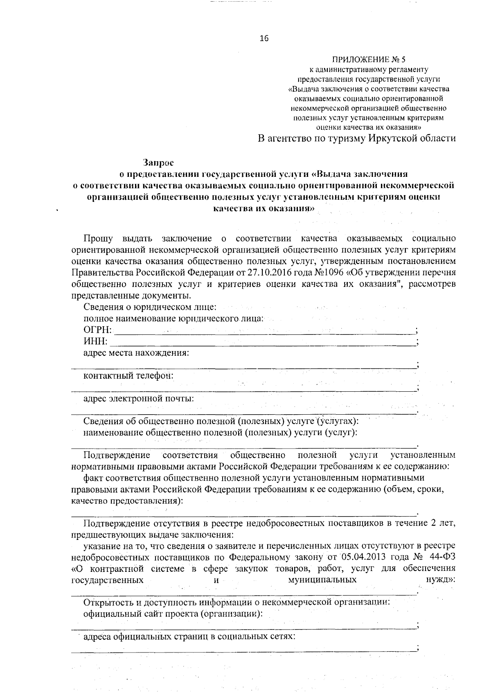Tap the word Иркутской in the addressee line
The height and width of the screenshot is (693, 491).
[x=390, y=138]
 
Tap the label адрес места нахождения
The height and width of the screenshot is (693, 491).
[x=136, y=353]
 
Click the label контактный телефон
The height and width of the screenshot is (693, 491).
[x=128, y=375]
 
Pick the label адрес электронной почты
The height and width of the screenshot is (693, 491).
[x=138, y=398]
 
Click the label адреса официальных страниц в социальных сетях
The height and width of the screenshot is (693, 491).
[x=189, y=637]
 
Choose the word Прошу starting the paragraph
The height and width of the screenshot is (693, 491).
[x=98, y=238]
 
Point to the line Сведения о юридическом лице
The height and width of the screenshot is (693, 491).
[x=150, y=307]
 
